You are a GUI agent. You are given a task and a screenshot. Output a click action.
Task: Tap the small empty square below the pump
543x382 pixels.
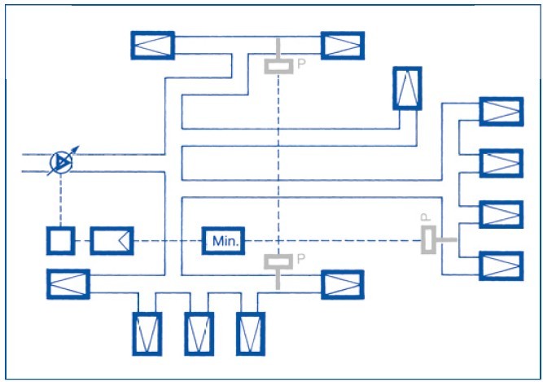click(60, 241)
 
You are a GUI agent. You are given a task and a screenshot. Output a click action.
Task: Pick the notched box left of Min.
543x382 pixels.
click(112, 241)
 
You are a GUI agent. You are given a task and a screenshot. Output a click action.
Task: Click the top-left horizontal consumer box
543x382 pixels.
click(153, 45)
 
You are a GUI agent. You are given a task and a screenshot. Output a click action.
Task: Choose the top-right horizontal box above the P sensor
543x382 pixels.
click(343, 45)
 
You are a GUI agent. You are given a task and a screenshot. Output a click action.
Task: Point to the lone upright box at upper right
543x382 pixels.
click(407, 88)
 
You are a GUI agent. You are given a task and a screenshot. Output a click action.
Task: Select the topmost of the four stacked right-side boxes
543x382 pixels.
click(501, 111)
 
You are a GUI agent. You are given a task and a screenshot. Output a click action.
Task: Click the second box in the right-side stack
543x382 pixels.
click(501, 162)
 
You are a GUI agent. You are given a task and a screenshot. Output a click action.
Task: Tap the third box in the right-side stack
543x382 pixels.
click(501, 214)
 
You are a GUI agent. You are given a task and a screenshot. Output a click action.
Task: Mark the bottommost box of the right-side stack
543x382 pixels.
click(501, 266)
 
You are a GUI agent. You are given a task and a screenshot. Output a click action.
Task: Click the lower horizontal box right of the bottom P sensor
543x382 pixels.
click(343, 284)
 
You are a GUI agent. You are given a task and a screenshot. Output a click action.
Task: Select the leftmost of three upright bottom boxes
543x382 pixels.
click(148, 333)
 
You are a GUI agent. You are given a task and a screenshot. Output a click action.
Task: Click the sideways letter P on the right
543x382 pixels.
click(424, 218)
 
